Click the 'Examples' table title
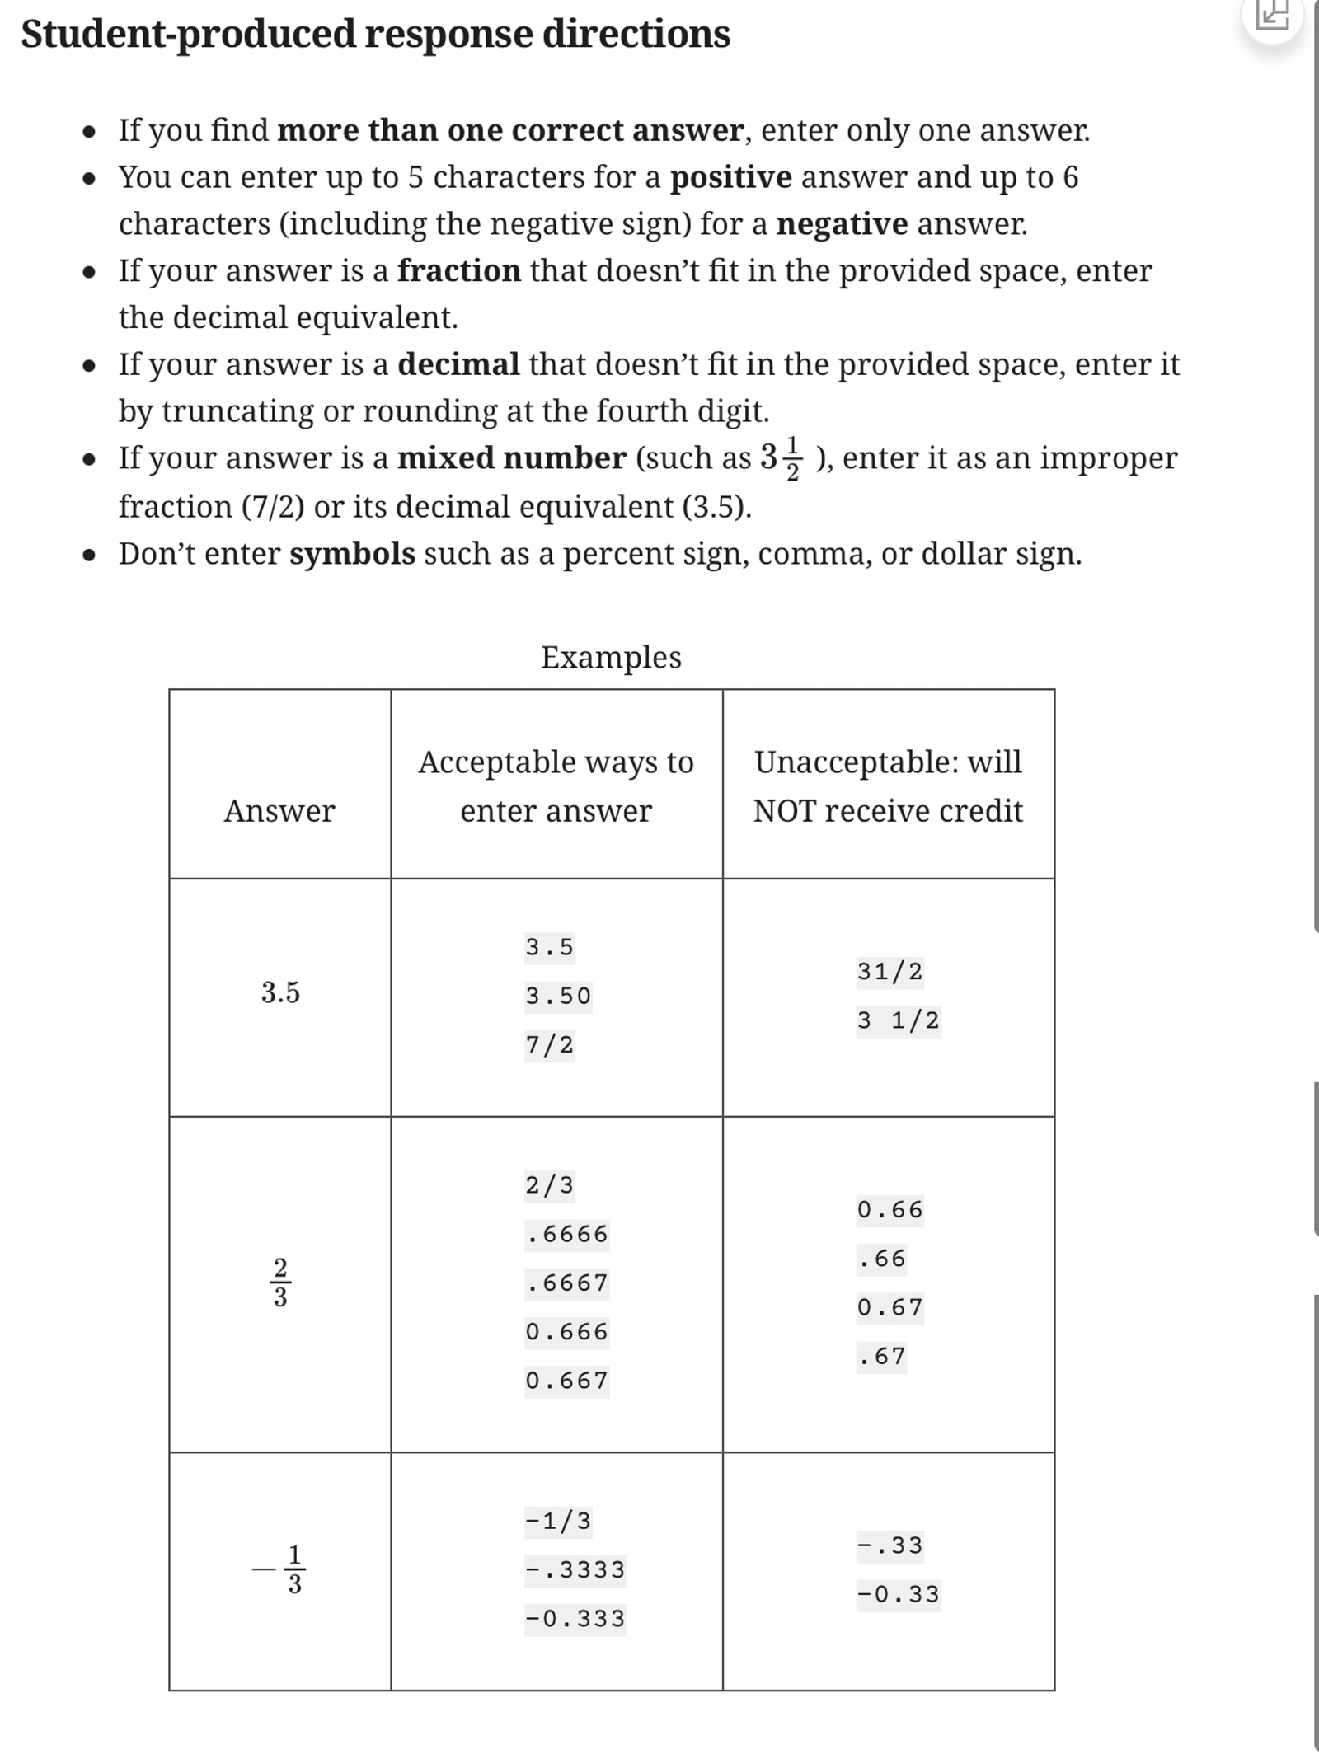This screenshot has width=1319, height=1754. (x=611, y=657)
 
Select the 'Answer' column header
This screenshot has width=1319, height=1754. (x=279, y=811)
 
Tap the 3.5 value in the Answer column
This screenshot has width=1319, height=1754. (x=280, y=992)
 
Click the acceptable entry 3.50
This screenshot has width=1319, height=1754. (x=558, y=996)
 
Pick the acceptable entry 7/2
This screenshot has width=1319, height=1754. (x=549, y=1044)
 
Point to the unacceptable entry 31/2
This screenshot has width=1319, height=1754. (x=890, y=971)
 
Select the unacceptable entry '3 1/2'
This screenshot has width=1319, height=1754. (x=898, y=1020)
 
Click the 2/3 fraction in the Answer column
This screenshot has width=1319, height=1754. (x=280, y=1283)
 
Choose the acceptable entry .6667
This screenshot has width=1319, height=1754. (x=567, y=1283)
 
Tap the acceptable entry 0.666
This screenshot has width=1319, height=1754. (x=566, y=1331)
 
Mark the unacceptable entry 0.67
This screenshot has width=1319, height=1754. (x=890, y=1306)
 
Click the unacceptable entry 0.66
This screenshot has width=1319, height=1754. (x=890, y=1209)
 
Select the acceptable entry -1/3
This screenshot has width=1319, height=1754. (x=558, y=1520)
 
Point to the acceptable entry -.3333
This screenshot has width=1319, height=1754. (x=575, y=1569)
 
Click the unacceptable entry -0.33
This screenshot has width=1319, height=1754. (x=898, y=1593)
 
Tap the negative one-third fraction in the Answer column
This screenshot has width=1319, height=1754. (x=280, y=1569)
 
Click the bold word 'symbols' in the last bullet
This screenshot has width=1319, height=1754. (x=352, y=553)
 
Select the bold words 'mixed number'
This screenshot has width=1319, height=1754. (x=511, y=457)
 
